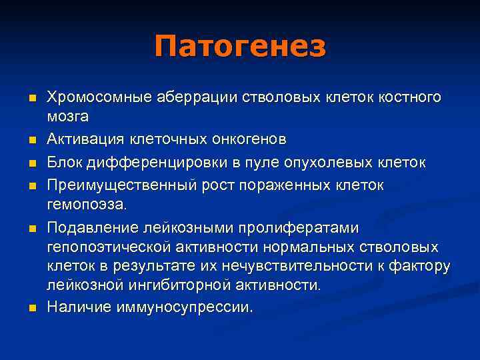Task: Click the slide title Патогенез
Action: tap(240, 47)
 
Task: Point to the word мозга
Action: tap(67, 116)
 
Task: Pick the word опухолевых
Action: tap(336, 163)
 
